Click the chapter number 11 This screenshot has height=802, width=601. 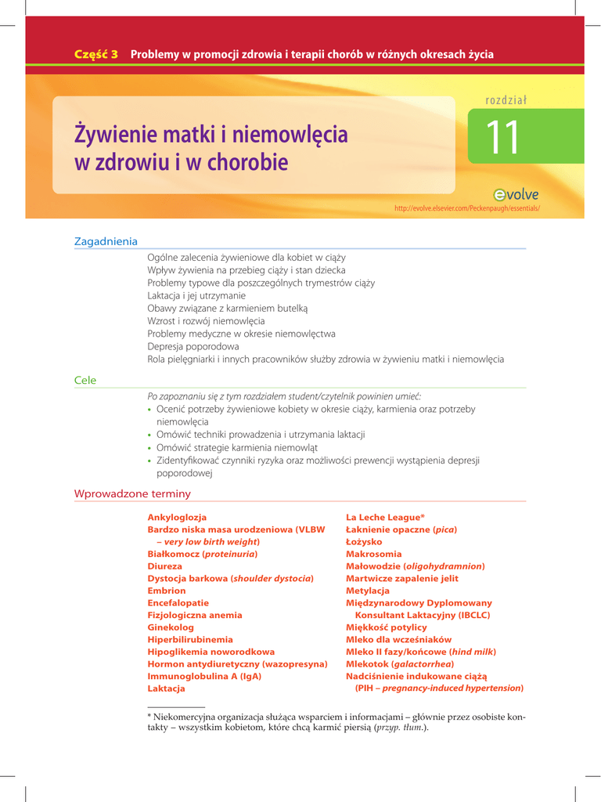[x=502, y=138]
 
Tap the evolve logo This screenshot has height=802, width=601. [x=516, y=195]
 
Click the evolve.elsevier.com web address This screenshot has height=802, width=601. [x=467, y=208]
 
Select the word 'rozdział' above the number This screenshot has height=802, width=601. [x=506, y=99]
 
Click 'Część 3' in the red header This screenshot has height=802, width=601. [x=95, y=55]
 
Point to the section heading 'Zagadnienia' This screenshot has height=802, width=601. [x=106, y=241]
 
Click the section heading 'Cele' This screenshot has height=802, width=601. [x=85, y=381]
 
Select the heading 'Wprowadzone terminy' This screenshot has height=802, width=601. [x=132, y=494]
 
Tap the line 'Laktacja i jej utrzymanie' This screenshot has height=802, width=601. [x=196, y=296]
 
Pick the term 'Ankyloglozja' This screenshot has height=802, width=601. [x=177, y=518]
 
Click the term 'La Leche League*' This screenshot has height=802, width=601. [x=385, y=518]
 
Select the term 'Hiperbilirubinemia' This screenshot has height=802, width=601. [x=190, y=640]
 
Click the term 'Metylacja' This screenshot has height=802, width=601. [x=368, y=591]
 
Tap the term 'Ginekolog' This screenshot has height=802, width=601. [x=171, y=627]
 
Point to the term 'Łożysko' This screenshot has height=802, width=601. [x=364, y=542]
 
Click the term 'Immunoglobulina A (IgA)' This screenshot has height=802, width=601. [x=204, y=676]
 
